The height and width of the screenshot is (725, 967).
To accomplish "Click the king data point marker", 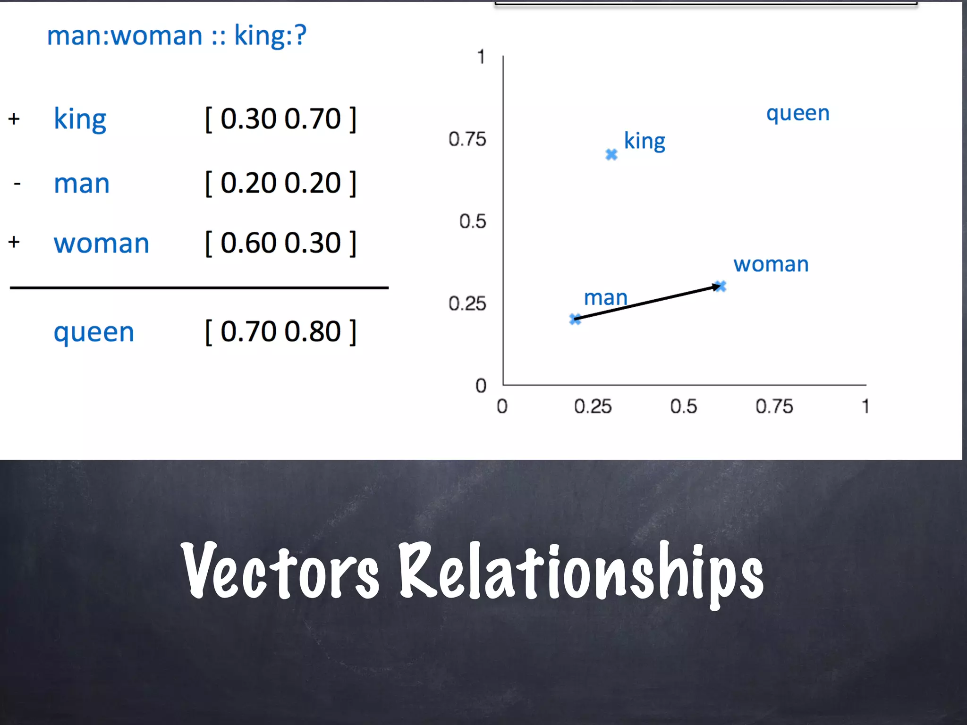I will (611, 154).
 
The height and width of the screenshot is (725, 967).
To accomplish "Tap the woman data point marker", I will (720, 286).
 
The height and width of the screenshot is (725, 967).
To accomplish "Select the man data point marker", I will (575, 319).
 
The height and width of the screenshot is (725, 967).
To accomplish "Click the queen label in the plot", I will (797, 114).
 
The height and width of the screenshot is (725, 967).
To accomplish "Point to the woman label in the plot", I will (771, 264).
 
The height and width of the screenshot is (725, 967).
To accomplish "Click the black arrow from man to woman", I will (647, 303).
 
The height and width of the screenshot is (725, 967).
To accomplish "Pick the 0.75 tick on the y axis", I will (467, 139).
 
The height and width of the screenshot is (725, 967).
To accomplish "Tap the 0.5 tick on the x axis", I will (683, 406).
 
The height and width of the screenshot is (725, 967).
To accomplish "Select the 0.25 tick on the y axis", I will (467, 303).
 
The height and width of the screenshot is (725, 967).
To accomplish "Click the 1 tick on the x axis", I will (865, 406).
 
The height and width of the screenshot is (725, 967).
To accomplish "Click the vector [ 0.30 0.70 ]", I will (280, 119).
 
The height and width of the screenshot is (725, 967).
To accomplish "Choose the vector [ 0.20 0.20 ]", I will (280, 183).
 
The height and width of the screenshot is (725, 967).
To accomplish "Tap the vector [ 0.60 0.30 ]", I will (280, 243).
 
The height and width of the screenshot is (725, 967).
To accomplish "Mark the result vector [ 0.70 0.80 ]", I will (280, 332).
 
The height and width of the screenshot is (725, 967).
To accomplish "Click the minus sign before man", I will (17, 183).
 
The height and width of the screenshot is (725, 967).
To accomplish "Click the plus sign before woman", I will (14, 242).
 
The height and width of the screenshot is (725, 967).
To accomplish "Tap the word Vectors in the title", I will (280, 571).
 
